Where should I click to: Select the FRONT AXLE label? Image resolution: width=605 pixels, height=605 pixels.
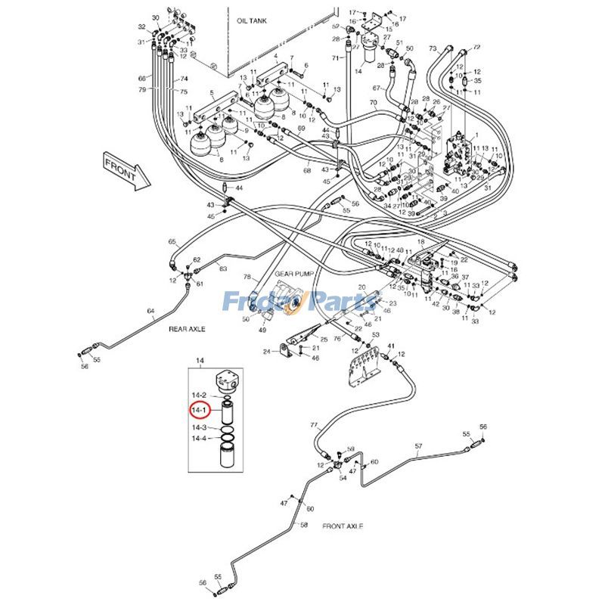[x=343, y=526]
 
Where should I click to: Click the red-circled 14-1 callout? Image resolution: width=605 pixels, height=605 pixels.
[x=199, y=411]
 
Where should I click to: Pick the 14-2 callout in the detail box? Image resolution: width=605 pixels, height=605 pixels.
[x=199, y=396]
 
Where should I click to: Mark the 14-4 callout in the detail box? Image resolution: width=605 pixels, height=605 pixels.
[x=199, y=439]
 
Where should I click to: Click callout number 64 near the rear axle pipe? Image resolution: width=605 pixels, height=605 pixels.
[x=150, y=312]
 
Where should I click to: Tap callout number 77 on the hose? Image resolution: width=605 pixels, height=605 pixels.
[x=314, y=426]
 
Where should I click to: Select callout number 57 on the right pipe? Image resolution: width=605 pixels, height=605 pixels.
[x=417, y=447]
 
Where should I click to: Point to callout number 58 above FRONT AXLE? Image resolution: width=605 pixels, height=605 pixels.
[x=304, y=525]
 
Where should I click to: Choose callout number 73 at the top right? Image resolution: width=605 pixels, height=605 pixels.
[x=433, y=48]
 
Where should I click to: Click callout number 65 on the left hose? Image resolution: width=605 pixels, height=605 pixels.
[x=172, y=242]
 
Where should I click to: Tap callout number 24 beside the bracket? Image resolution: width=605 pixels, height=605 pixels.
[x=266, y=352]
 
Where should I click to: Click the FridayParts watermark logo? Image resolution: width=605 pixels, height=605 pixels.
[x=301, y=302]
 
